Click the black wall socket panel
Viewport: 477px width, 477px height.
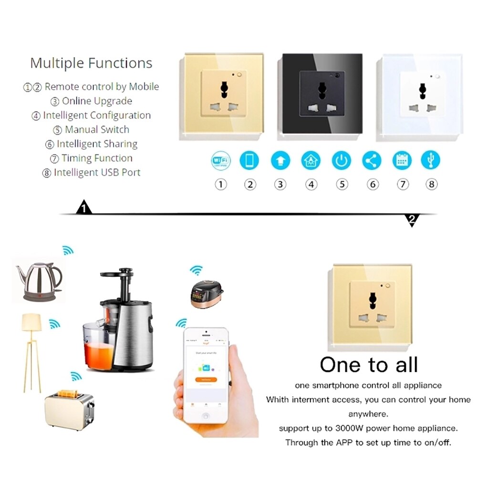click(x=321, y=94)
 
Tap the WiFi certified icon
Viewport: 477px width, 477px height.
click(x=220, y=160)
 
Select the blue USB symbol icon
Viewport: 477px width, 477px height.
click(x=431, y=160)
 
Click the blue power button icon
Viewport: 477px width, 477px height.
click(x=341, y=160)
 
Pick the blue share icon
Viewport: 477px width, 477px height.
click(x=371, y=160)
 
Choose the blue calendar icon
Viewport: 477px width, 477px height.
click(x=402, y=160)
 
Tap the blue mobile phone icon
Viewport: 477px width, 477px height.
click(x=249, y=160)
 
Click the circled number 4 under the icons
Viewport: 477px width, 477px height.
click(x=311, y=184)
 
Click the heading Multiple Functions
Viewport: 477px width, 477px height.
click(x=91, y=63)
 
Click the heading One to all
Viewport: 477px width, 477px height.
click(x=369, y=365)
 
